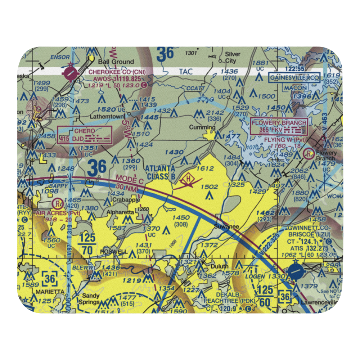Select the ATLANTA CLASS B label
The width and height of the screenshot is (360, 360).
pos(160,172)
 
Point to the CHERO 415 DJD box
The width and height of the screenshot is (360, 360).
pos(85,135)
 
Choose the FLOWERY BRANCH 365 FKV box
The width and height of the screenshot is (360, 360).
pos(279,126)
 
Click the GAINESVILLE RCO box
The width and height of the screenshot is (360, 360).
pos(294,77)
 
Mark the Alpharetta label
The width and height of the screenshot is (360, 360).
pos(120,212)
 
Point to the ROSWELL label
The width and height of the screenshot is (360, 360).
pos(114,251)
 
